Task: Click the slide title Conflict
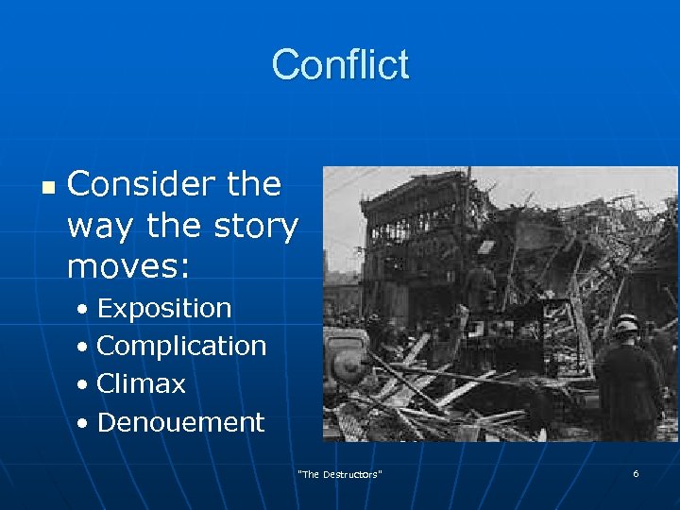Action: pyautogui.click(x=340, y=65)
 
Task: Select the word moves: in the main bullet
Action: pyautogui.click(x=128, y=266)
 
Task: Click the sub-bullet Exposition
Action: pyautogui.click(x=163, y=309)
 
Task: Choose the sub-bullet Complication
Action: pyautogui.click(x=181, y=347)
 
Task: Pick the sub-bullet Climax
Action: pyautogui.click(x=141, y=384)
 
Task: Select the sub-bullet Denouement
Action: pyautogui.click(x=180, y=422)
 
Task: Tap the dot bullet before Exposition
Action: pyautogui.click(x=85, y=310)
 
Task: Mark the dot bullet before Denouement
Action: pyautogui.click(x=85, y=423)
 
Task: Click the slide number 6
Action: pyautogui.click(x=636, y=473)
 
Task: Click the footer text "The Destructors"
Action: pyautogui.click(x=340, y=474)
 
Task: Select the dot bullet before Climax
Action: pyautogui.click(x=85, y=385)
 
